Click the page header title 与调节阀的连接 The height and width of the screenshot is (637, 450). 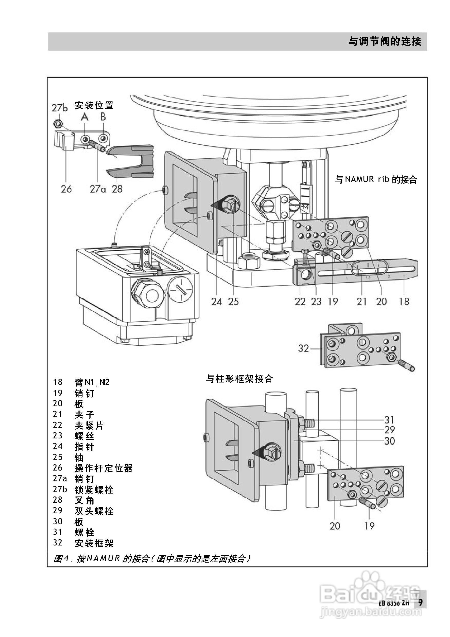click(385, 41)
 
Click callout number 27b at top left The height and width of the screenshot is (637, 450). click(59, 108)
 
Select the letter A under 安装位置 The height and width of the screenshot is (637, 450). click(85, 117)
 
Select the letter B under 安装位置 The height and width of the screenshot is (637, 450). click(103, 117)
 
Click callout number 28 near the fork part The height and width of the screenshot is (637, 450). click(117, 189)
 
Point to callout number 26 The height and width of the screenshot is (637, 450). click(66, 189)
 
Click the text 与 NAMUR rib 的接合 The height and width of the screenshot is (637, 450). click(376, 180)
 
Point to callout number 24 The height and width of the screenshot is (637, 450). click(216, 302)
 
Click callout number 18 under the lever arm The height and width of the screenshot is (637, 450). click(404, 302)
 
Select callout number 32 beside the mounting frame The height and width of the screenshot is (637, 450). click(303, 348)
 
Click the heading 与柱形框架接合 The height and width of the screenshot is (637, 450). click(239, 379)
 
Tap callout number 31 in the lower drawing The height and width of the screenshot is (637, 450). click(389, 420)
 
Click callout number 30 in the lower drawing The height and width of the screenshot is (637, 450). click(389, 441)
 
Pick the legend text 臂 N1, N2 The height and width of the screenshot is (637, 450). click(92, 382)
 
